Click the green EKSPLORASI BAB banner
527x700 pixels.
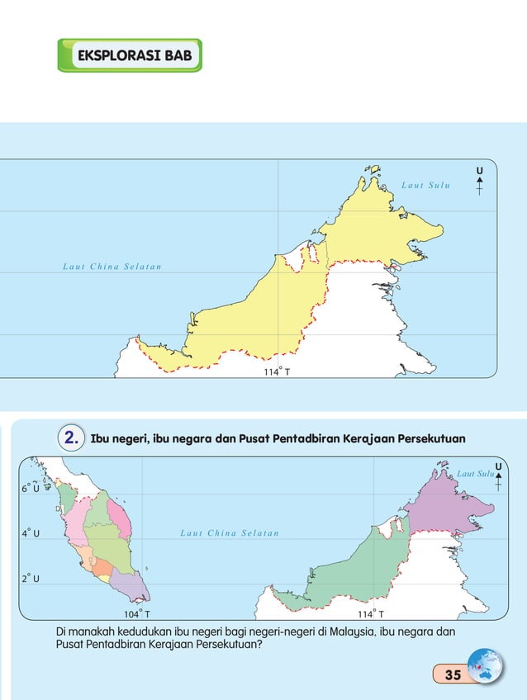[130, 55]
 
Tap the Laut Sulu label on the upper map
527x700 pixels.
[425, 185]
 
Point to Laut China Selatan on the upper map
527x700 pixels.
[112, 267]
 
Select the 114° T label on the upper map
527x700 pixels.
[277, 371]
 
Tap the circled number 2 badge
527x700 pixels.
[70, 437]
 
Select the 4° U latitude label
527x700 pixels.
[31, 533]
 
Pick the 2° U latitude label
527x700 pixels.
[31, 578]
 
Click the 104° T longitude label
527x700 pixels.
[136, 614]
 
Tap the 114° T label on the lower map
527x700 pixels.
[370, 614]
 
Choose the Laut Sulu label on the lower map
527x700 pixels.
[474, 473]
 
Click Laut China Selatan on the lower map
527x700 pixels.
[229, 533]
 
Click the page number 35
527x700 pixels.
[452, 674]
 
